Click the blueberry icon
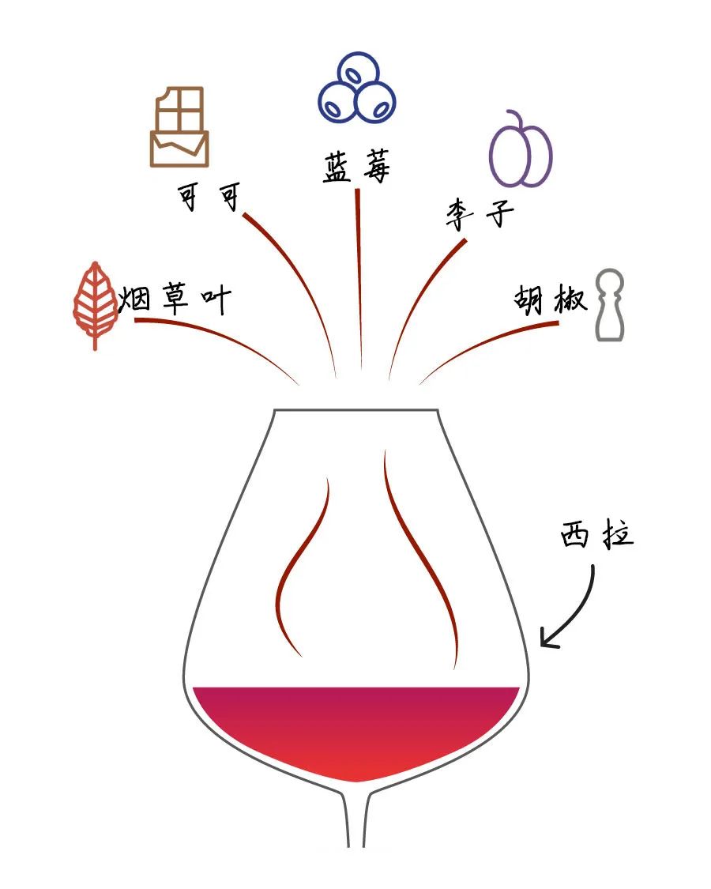356,89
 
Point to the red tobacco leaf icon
95,304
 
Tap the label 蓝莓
356,168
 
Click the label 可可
208,198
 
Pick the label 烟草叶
174,299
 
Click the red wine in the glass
355,727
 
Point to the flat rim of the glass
355,409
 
